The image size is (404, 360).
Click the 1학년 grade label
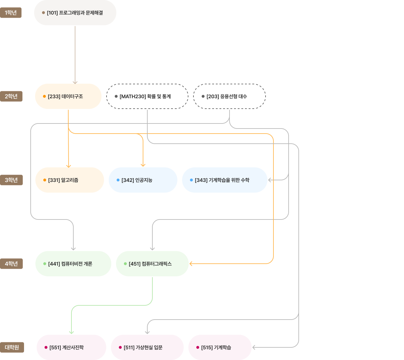click(x=11, y=13)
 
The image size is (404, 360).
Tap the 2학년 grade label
click(x=11, y=96)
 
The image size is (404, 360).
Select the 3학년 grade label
click(x=11, y=180)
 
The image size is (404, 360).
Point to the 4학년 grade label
click(x=11, y=264)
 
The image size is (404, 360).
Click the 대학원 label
click(x=12, y=347)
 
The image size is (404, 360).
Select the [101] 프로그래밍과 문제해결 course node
click(x=75, y=13)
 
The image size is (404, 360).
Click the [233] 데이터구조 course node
click(x=68, y=96)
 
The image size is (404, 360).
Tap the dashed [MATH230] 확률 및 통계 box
click(x=147, y=96)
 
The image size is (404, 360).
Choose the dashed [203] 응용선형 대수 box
click(x=229, y=96)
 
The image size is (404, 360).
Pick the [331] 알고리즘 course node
click(x=70, y=180)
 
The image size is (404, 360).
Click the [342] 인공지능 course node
click(x=143, y=180)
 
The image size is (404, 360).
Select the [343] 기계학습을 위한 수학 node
click(x=224, y=180)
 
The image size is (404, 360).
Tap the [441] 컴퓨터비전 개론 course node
click(x=73, y=264)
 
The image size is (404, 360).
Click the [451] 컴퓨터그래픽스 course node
click(x=152, y=264)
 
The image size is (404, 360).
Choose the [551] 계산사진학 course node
click(x=71, y=347)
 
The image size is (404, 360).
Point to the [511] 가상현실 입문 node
click(x=147, y=347)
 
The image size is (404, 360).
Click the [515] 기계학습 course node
click(x=220, y=347)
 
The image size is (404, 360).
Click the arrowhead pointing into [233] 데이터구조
click(x=75, y=83)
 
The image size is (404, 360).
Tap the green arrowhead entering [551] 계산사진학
click(x=71, y=333)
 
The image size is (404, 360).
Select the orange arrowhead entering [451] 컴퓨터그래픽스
click(x=191, y=264)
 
